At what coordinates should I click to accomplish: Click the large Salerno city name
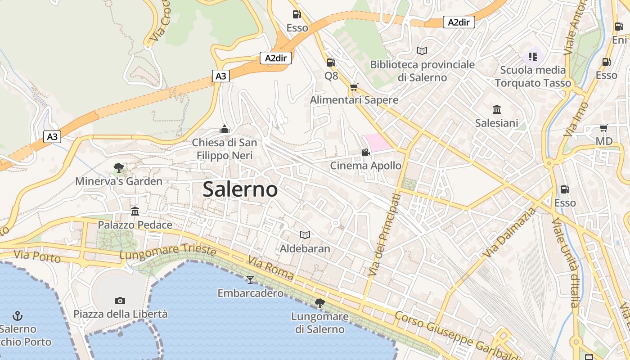click(x=240, y=189)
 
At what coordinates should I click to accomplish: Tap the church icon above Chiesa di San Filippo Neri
click(x=225, y=130)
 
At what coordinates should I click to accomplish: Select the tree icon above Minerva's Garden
click(x=119, y=168)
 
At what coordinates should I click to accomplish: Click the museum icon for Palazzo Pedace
click(x=135, y=211)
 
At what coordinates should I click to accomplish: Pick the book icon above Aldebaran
click(x=305, y=235)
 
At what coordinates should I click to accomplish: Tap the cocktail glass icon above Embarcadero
click(x=250, y=280)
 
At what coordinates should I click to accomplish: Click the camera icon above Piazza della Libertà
click(x=120, y=301)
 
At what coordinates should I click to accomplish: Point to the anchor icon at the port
click(x=18, y=315)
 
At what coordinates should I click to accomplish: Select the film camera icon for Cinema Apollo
click(x=365, y=153)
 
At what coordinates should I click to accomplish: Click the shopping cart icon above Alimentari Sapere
click(x=354, y=86)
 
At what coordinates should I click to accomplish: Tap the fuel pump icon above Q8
click(x=331, y=63)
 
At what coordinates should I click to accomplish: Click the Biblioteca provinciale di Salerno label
click(x=422, y=71)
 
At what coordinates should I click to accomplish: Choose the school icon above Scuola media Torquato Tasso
click(x=533, y=56)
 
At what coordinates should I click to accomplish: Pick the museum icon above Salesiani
click(x=497, y=109)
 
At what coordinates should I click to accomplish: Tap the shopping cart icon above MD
click(x=603, y=128)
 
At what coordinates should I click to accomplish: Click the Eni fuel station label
click(x=619, y=40)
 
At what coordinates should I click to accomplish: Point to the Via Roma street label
click(x=270, y=268)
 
